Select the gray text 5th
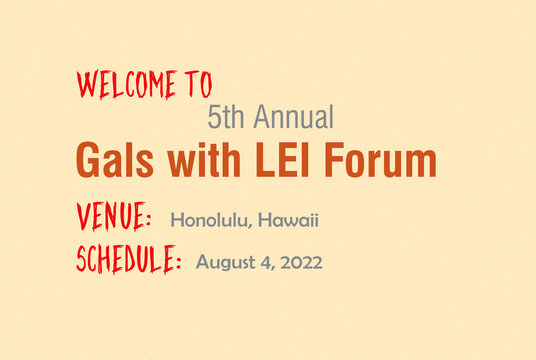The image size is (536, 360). [x=227, y=118]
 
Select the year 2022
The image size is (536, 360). [x=301, y=262]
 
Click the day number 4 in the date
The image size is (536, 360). [x=265, y=262]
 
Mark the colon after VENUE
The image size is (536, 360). [x=147, y=219]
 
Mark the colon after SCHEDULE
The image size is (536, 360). [x=178, y=262]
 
